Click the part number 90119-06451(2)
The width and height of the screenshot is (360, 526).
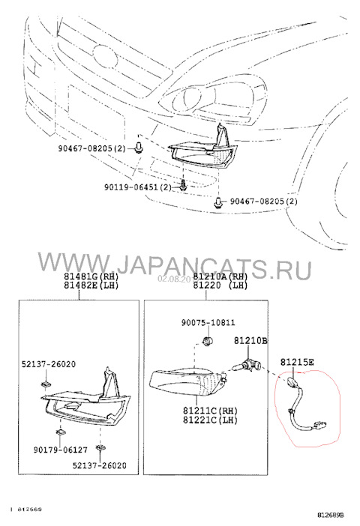click(142, 187)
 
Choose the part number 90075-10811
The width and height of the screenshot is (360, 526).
click(208, 323)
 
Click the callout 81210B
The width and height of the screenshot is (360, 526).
click(250, 339)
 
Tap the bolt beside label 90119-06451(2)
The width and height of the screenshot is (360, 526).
click(183, 187)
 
